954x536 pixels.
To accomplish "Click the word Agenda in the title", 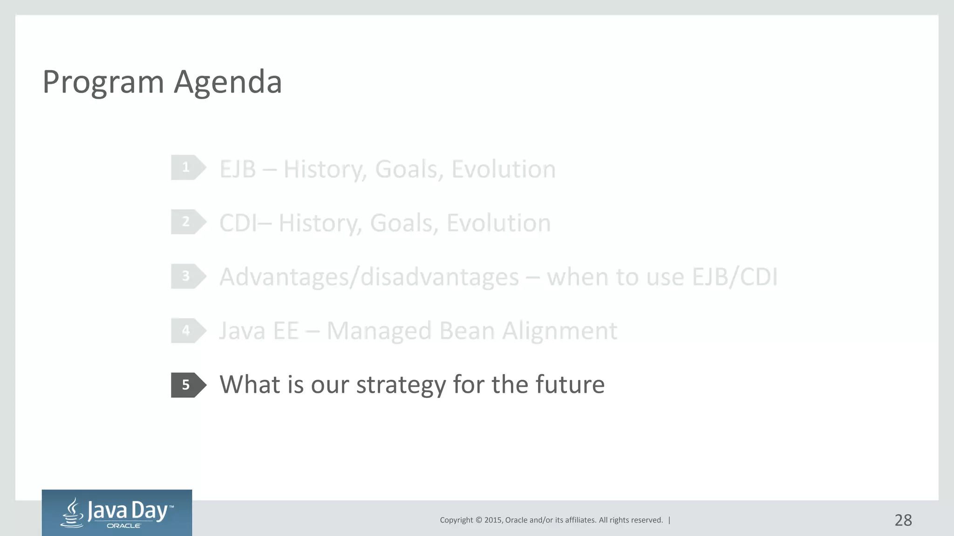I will tap(228, 83).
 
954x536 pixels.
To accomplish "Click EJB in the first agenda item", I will tap(238, 169).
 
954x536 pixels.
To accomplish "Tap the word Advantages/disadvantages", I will tap(369, 278).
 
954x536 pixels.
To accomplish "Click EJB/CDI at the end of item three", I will tap(735, 278).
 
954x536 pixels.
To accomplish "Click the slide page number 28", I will tap(903, 520).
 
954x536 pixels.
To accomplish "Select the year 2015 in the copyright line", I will tap(493, 520).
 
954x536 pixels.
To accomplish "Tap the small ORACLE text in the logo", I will tap(124, 526).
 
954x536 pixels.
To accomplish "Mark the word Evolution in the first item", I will tap(503, 169).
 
